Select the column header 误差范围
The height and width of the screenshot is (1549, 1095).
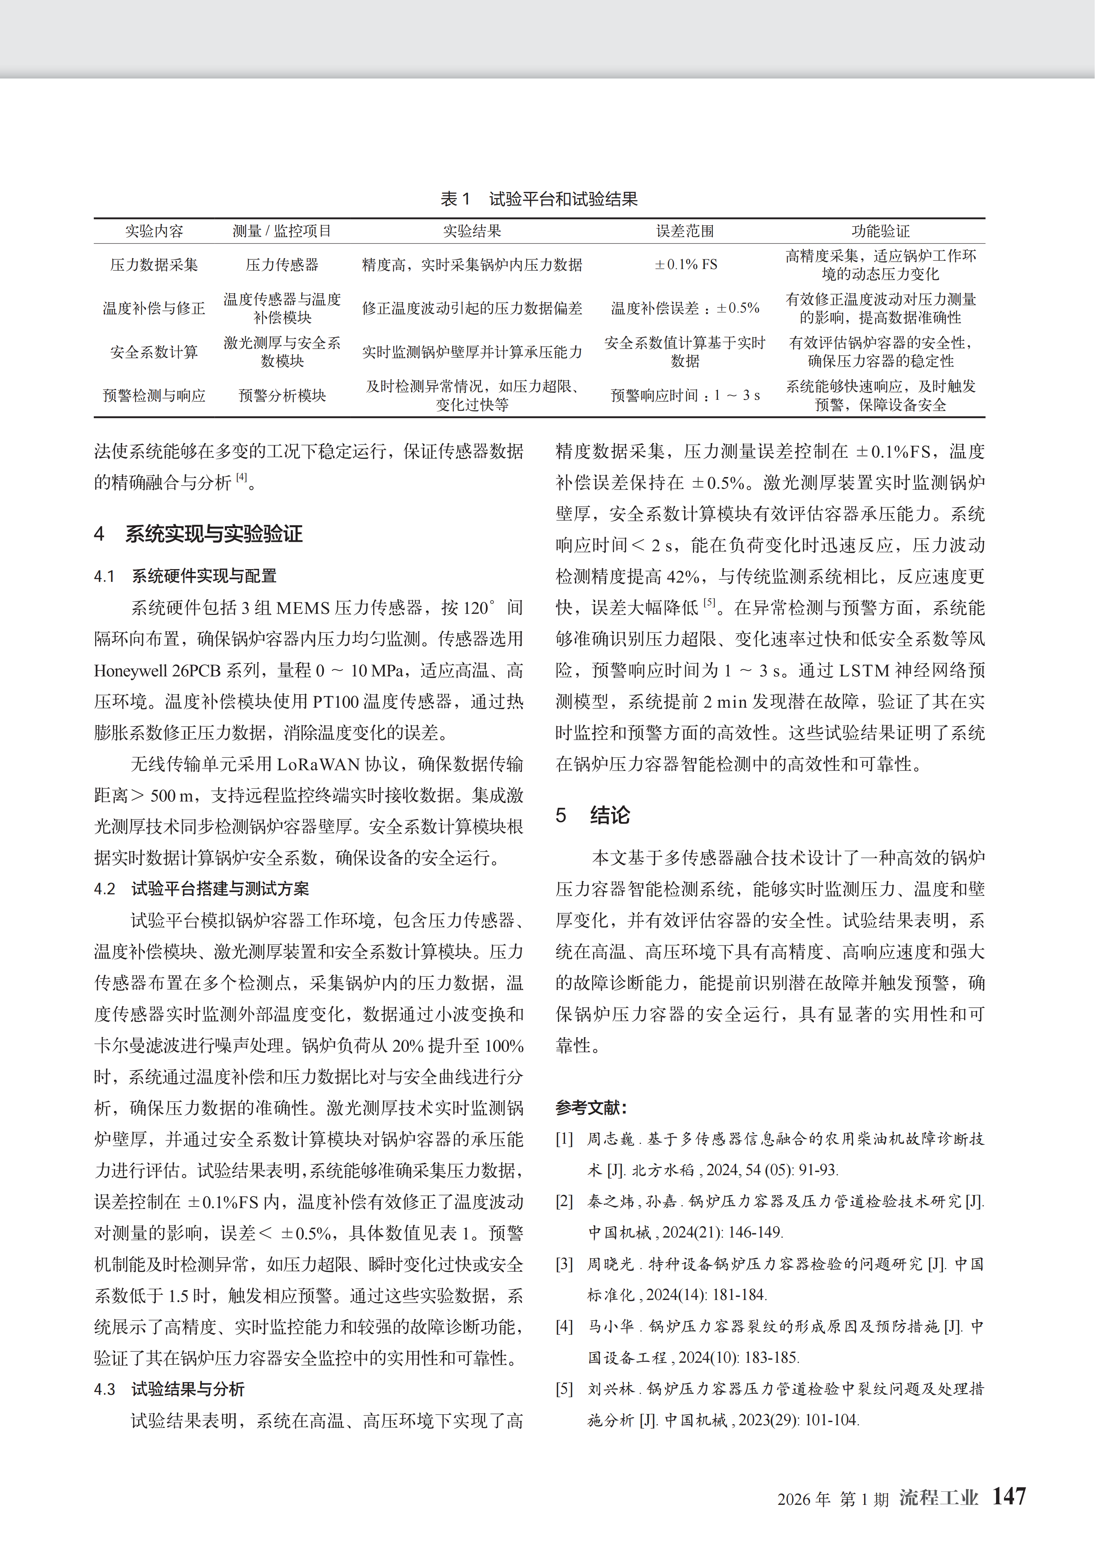(685, 231)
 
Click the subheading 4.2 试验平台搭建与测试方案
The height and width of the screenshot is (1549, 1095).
(201, 888)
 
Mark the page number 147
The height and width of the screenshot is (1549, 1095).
(1009, 1496)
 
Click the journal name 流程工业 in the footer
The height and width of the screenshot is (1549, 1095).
(938, 1498)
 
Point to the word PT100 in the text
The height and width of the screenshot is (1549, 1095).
(335, 702)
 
